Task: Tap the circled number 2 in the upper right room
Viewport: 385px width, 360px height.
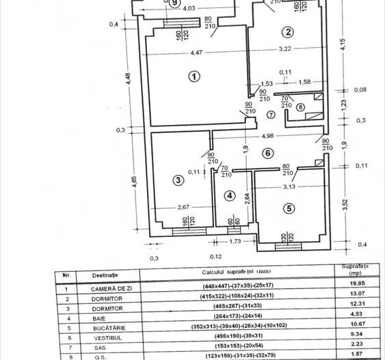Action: point(288,32)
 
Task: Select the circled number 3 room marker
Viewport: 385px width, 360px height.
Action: point(178,180)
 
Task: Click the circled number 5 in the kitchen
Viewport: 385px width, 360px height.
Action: point(289,208)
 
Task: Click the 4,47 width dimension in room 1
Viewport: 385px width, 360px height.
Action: point(196,53)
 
